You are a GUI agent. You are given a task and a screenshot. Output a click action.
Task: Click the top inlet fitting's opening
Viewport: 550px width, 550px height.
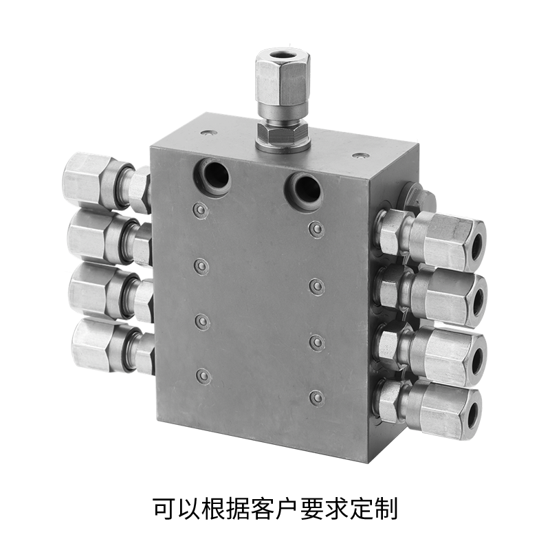(283, 55)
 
